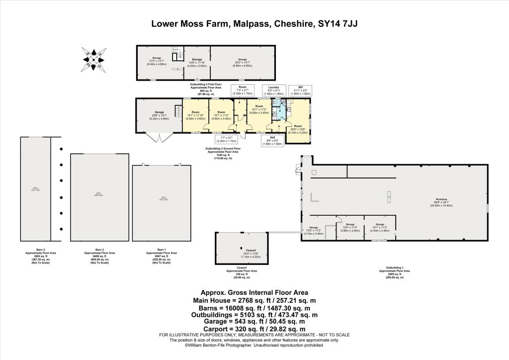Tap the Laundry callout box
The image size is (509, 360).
pyautogui.click(x=273, y=90)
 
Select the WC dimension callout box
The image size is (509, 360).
pyautogui.click(x=301, y=90)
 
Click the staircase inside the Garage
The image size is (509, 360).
pyautogui.click(x=177, y=112)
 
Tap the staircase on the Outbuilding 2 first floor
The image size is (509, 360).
pyautogui.click(x=176, y=54)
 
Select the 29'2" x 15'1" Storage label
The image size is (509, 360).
pyautogui.click(x=243, y=62)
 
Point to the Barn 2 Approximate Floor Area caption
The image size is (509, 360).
pyautogui.click(x=99, y=256)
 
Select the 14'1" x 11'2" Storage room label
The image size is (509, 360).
pyautogui.click(x=380, y=227)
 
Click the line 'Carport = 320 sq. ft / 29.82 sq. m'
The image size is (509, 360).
pyautogui.click(x=254, y=329)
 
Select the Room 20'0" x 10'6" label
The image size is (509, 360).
pyautogui.click(x=298, y=128)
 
